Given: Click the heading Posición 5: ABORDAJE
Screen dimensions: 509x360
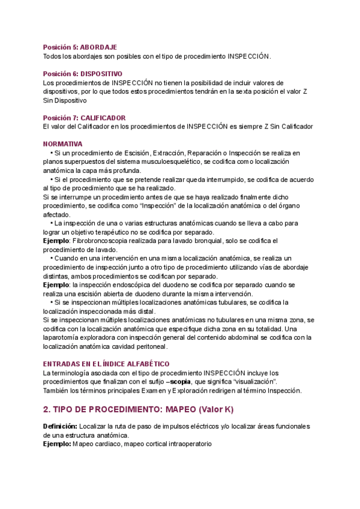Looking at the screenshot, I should coord(80,47).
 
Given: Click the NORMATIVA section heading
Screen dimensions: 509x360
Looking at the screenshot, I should coord(63,145).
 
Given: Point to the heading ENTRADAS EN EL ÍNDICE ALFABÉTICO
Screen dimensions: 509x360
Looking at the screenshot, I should coord(106,364).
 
